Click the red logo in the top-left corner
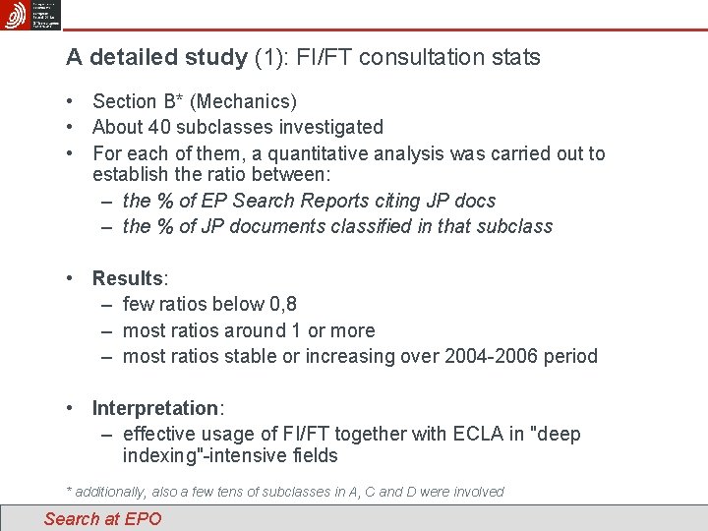pyautogui.click(x=16, y=15)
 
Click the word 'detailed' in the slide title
pyautogui.click(x=131, y=58)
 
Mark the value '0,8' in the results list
pyautogui.click(x=283, y=305)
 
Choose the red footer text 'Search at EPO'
pyautogui.click(x=102, y=519)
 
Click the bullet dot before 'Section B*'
pyautogui.click(x=72, y=101)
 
